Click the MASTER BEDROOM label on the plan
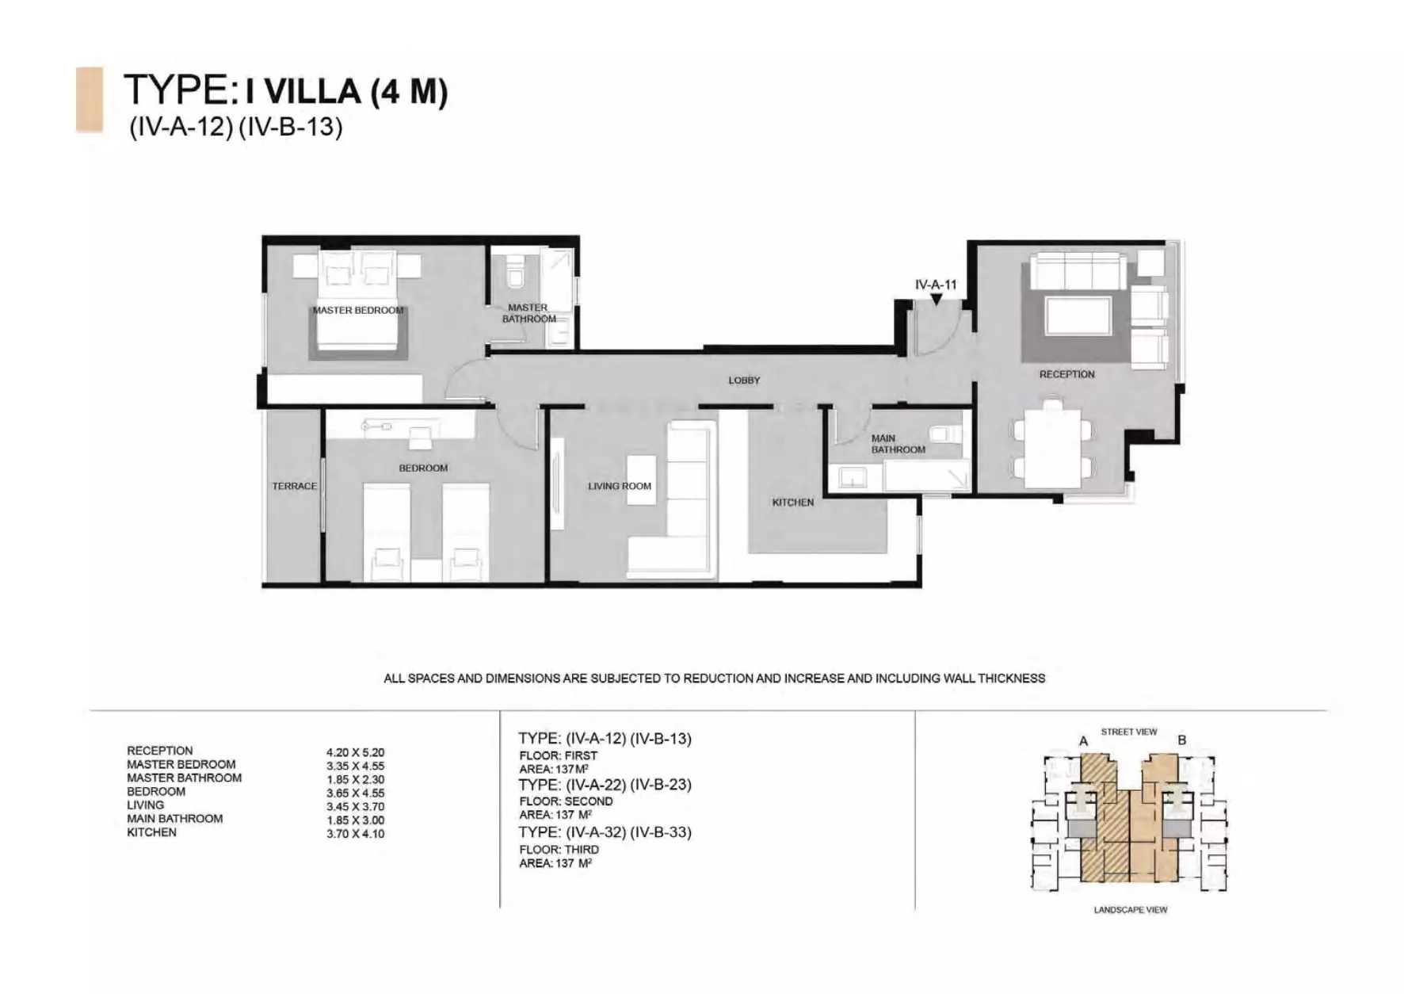tap(358, 310)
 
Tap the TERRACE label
tap(294, 486)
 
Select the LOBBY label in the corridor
tap(744, 380)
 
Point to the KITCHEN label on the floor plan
tap(793, 503)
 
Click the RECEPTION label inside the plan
tap(1067, 374)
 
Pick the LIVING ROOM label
tap(620, 486)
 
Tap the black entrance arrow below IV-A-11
tap(937, 300)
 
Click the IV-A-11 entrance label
tap(936, 285)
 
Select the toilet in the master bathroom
tap(515, 272)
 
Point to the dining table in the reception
tap(1053, 448)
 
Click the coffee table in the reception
tap(1078, 315)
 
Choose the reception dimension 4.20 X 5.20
tap(355, 752)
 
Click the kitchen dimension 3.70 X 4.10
tap(355, 834)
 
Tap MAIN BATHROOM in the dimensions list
tap(174, 819)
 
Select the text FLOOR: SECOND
tap(566, 801)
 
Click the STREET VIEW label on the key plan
tap(1129, 732)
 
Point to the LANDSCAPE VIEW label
tap(1131, 910)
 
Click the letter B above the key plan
tap(1182, 740)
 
